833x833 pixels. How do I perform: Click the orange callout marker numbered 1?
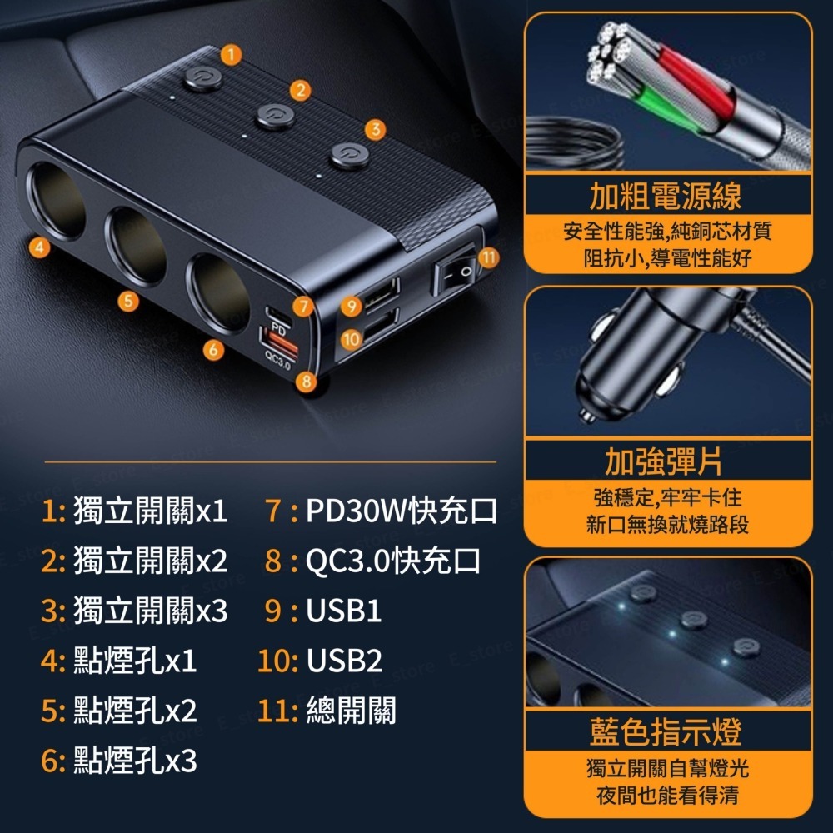pyautogui.click(x=232, y=55)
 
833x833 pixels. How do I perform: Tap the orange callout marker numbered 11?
pyautogui.click(x=488, y=258)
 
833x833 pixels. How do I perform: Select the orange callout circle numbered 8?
pyautogui.click(x=307, y=382)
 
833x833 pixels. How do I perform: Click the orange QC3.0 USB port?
pyautogui.click(x=277, y=342)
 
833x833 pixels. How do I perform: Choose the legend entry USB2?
pyautogui.click(x=344, y=661)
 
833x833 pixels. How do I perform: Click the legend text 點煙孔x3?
pyautogui.click(x=135, y=761)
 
